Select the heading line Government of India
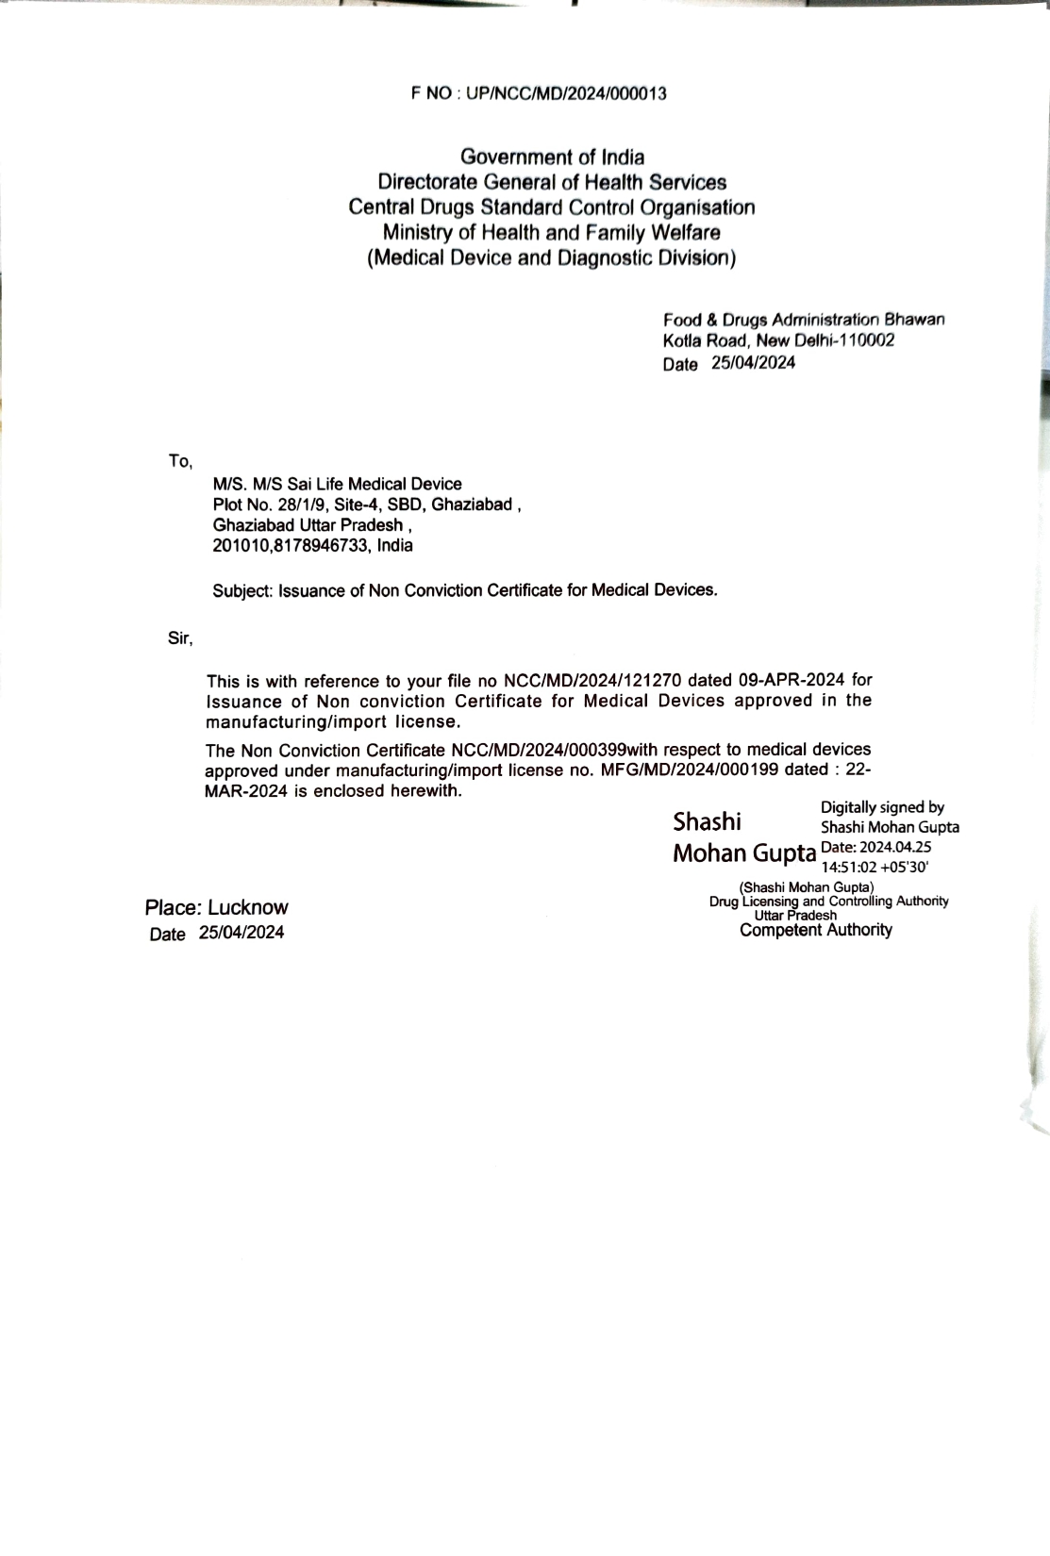coord(552,157)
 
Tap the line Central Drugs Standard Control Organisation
coord(552,207)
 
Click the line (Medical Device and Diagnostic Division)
coord(552,258)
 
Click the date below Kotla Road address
coord(753,363)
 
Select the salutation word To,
coord(180,462)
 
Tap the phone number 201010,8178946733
coord(290,546)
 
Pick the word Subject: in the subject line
coord(242,591)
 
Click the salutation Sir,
coord(180,639)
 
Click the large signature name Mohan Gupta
coord(743,853)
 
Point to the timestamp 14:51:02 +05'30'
coord(875,867)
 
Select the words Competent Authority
coord(815,931)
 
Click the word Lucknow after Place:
coord(248,908)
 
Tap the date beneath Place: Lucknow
coord(241,934)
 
